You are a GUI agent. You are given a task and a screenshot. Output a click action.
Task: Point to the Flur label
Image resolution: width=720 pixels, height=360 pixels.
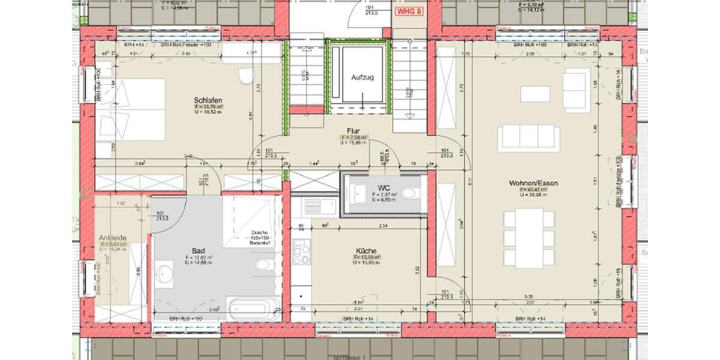point(353,130)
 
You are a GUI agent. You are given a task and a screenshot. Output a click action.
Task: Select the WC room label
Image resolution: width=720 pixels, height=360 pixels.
point(383,188)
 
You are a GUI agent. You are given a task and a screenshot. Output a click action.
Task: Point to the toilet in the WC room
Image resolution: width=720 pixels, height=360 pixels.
point(410,194)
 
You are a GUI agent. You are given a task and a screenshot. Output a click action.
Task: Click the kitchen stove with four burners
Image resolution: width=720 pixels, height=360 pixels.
point(301,252)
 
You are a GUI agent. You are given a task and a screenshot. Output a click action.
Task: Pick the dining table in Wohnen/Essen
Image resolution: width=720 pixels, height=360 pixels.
point(529,238)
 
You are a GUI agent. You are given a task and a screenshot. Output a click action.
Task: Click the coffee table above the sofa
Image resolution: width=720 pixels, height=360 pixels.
point(535,94)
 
